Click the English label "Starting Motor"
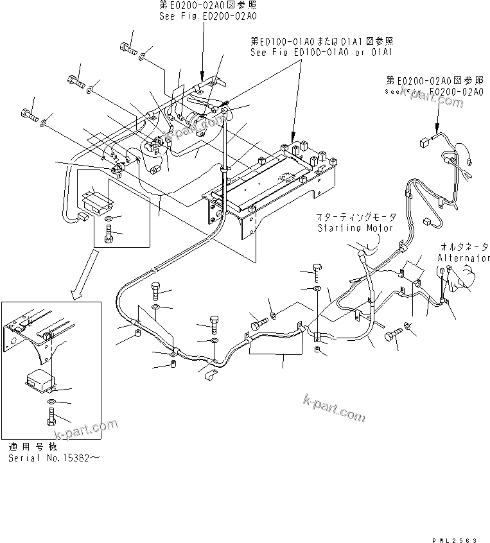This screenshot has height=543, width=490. coord(355,227)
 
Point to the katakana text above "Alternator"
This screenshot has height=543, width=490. coord(464,246)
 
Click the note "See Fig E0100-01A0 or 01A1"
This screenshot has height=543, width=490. coord(322,51)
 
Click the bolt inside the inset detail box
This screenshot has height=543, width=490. coord(51,416)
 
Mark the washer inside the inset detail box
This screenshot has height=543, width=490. coord(51,402)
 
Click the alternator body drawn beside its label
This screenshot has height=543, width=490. coord(465,277)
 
